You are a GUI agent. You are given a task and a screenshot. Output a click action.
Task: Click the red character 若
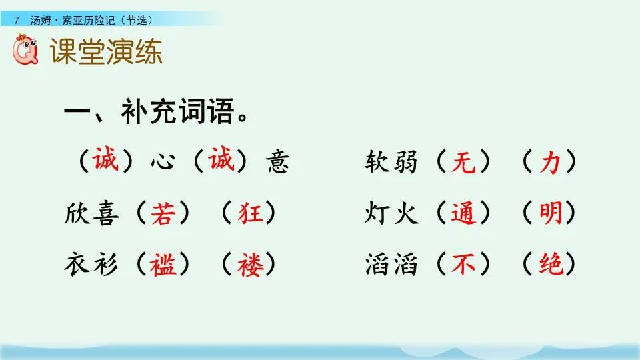click(x=162, y=213)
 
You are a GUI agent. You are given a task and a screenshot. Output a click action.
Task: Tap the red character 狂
click(x=249, y=213)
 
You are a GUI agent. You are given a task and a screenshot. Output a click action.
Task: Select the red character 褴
click(x=162, y=265)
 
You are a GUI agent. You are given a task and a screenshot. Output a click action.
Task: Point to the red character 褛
click(x=249, y=265)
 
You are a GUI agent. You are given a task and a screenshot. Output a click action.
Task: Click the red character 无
click(x=463, y=162)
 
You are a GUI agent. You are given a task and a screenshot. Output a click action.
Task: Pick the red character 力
click(x=549, y=162)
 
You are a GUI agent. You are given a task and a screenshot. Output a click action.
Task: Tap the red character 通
click(x=463, y=213)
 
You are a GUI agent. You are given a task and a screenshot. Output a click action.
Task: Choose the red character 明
click(x=549, y=213)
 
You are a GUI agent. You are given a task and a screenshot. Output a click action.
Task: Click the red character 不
click(x=463, y=265)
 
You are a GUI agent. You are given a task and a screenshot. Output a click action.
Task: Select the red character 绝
click(x=549, y=265)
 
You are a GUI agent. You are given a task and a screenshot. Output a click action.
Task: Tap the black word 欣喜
click(x=91, y=213)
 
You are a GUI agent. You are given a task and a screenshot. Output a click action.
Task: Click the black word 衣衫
click(x=91, y=265)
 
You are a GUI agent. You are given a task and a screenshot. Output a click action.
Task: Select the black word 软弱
click(x=391, y=162)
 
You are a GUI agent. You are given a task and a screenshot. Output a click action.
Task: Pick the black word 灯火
click(x=391, y=213)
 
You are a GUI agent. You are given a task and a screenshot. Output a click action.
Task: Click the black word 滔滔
click(x=391, y=265)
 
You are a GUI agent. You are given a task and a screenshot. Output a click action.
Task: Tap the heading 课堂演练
click(x=107, y=53)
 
